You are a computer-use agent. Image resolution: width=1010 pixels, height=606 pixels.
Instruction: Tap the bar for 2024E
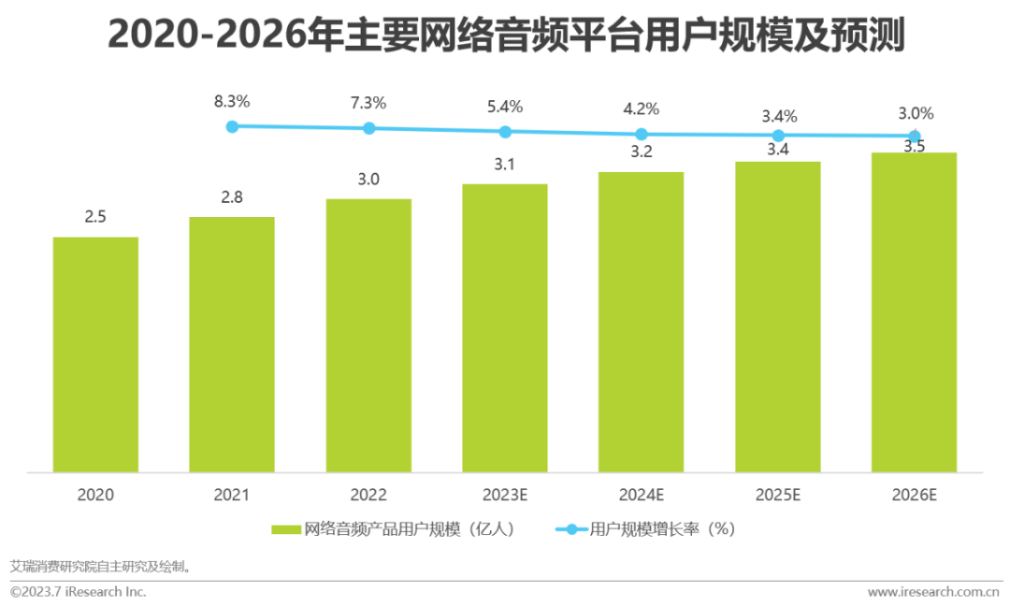[x=642, y=322]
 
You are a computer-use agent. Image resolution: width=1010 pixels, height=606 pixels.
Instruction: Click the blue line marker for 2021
[x=233, y=125]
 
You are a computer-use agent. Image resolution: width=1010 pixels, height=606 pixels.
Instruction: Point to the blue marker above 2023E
[x=505, y=132]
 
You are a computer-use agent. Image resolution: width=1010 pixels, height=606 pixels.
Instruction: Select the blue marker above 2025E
[x=778, y=136]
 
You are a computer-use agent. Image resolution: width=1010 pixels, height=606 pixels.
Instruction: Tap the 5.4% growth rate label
[x=505, y=106]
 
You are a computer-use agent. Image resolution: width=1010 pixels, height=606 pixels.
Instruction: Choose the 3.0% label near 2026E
[x=915, y=113]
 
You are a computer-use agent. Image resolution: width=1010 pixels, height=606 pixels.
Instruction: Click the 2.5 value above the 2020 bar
[x=95, y=216]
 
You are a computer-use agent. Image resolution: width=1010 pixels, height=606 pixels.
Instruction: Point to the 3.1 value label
[x=505, y=165]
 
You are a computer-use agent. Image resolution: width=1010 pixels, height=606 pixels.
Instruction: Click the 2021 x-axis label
[x=232, y=495]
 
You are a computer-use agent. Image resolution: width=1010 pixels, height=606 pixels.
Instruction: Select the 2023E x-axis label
[x=505, y=495]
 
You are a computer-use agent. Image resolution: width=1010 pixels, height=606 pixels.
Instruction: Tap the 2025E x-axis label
[x=778, y=495]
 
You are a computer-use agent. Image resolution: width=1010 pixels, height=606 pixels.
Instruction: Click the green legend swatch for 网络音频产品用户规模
[x=286, y=529]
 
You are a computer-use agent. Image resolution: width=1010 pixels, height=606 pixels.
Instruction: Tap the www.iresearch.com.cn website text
[x=932, y=592]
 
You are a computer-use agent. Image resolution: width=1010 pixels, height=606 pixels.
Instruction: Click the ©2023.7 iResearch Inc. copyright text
[x=79, y=592]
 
